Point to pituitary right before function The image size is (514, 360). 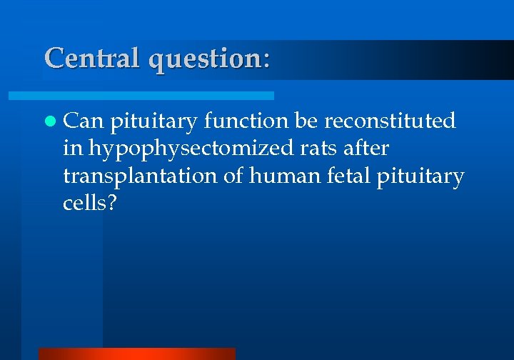(153, 122)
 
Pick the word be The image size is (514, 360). (306, 121)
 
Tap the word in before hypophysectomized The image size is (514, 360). (71, 148)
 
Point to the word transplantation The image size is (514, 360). (140, 176)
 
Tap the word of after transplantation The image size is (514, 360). (233, 175)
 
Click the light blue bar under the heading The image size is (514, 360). (141, 95)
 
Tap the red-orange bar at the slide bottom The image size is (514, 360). (136, 354)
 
